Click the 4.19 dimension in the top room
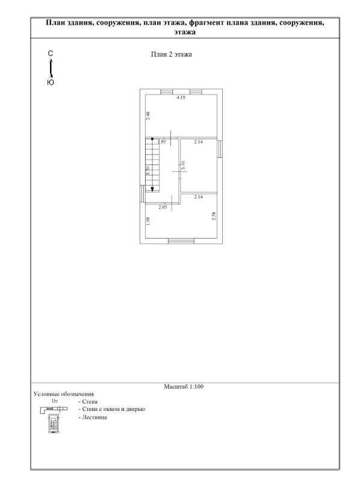(181, 98)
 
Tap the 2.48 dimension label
(148, 116)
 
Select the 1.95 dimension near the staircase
(161, 142)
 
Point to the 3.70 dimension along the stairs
(148, 171)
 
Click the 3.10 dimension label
(184, 166)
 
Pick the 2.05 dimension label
(163, 207)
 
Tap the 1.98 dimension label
(148, 221)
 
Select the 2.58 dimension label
(214, 216)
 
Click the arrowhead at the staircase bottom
(152, 189)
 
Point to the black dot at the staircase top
(152, 139)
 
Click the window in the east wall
(220, 149)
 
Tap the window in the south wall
(181, 241)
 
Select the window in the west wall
(143, 193)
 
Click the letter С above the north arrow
(51, 54)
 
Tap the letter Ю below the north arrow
(51, 83)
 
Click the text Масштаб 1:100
(184, 386)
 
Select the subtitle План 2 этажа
(172, 54)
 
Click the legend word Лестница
(95, 418)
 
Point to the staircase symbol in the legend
(54, 424)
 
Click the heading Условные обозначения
(64, 394)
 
